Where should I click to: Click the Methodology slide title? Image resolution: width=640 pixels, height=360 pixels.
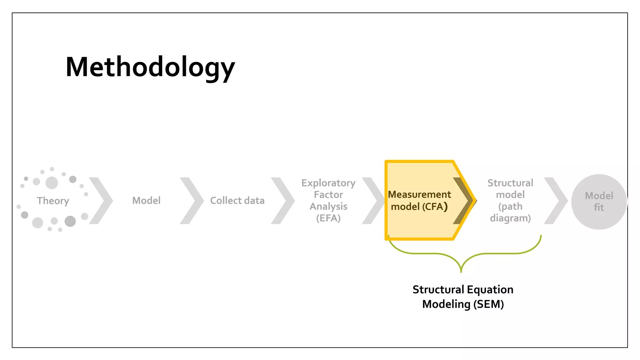(150, 67)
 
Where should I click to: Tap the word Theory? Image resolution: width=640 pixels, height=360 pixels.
(53, 201)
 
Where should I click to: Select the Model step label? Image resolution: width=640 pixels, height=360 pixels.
(146, 200)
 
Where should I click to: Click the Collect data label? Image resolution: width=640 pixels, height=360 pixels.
(237, 200)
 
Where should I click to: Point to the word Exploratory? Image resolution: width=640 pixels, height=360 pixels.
(328, 183)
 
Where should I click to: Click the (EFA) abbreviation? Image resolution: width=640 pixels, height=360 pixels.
(328, 218)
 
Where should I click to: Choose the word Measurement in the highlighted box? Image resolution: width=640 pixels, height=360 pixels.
(419, 194)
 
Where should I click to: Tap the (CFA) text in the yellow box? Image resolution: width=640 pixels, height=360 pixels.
(436, 207)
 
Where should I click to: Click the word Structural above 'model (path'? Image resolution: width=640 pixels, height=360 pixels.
(510, 183)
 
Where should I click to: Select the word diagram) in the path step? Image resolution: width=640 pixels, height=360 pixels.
(510, 218)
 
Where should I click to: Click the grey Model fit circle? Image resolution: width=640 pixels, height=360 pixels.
(599, 202)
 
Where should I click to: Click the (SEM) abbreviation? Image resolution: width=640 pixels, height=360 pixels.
(488, 304)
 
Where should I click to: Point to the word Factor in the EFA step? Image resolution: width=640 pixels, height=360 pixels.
(328, 195)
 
